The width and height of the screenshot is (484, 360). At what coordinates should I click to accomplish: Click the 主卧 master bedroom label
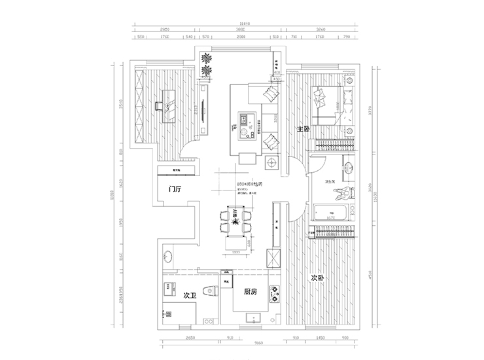302,129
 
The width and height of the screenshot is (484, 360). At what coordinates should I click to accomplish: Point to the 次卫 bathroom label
190,295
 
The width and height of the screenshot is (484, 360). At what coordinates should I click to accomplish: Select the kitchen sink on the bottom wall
251,318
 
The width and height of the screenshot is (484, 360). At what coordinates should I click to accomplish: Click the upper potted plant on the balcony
207,57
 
